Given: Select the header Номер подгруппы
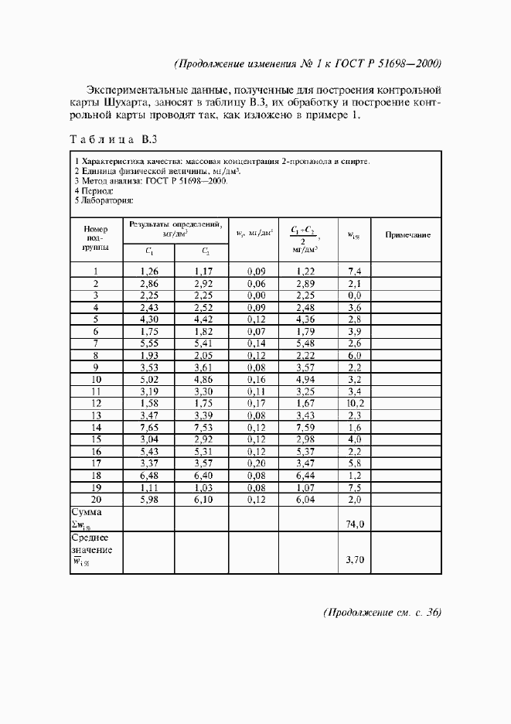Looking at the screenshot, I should (x=97, y=238).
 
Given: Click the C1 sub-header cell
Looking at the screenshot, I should (x=149, y=251).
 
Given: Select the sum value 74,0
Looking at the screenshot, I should (x=356, y=524).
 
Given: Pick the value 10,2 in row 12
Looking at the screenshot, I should (x=356, y=403).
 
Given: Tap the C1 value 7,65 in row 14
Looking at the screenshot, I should (x=149, y=427).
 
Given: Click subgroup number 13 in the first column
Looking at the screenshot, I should (x=97, y=415).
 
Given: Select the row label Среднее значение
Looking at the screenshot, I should (x=92, y=545).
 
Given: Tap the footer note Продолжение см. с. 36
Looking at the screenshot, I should (x=382, y=613).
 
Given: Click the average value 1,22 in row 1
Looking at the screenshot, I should (x=306, y=271).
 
